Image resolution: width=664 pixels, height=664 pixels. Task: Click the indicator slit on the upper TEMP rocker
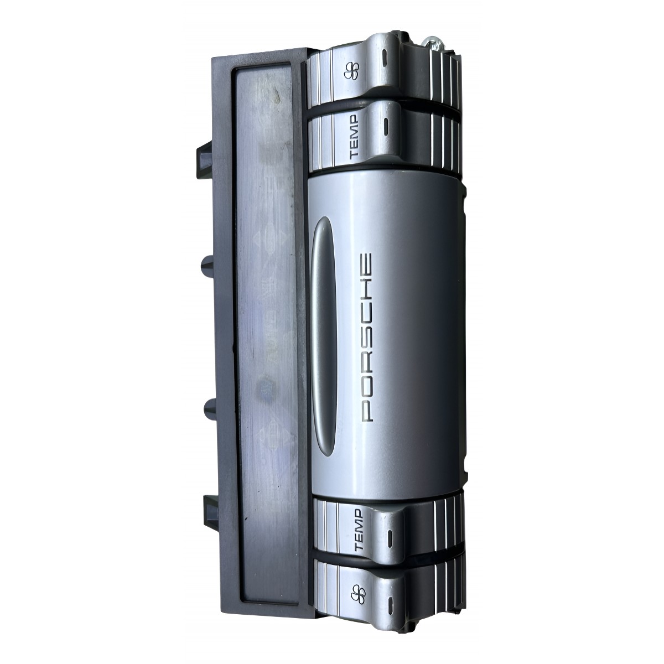[x=385, y=127]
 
